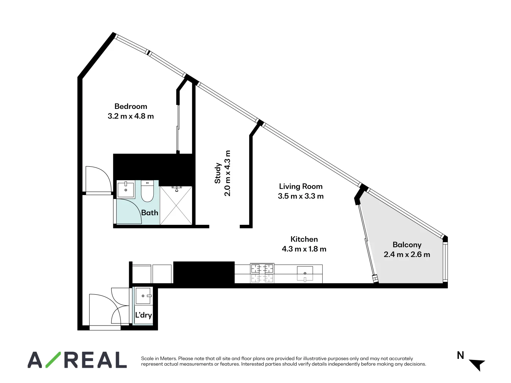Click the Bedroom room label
click(x=131, y=106)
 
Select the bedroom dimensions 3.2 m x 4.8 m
click(x=131, y=116)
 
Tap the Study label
click(x=218, y=173)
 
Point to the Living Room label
click(x=301, y=187)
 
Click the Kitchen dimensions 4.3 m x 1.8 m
click(x=304, y=249)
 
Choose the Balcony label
click(x=407, y=245)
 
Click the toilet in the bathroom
click(x=147, y=191)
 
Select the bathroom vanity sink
click(x=126, y=189)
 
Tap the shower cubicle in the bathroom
click(x=176, y=206)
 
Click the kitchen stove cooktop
click(x=262, y=273)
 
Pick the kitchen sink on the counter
click(x=305, y=273)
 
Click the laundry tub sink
click(x=144, y=296)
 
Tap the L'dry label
click(x=143, y=315)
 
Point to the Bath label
click(x=149, y=213)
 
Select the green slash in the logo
click(x=53, y=360)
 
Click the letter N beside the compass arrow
click(x=460, y=355)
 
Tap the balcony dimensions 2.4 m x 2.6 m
click(x=407, y=255)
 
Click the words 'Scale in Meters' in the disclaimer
click(x=159, y=359)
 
